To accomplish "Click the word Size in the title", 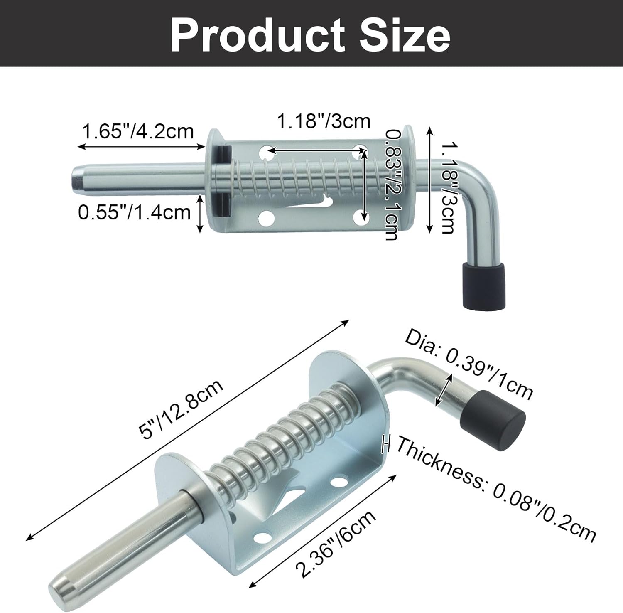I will click(x=405, y=34).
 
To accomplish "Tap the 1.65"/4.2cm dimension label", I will click(x=138, y=132).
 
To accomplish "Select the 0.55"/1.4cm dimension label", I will click(x=134, y=213).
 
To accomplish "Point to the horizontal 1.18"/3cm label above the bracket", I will click(x=323, y=121).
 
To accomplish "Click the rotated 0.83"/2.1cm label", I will click(x=392, y=184).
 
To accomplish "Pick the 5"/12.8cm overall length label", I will click(x=182, y=409).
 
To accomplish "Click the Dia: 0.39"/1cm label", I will click(x=468, y=364).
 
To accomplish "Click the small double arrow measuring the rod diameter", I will click(x=444, y=389).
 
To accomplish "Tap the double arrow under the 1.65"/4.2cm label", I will click(x=141, y=146).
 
